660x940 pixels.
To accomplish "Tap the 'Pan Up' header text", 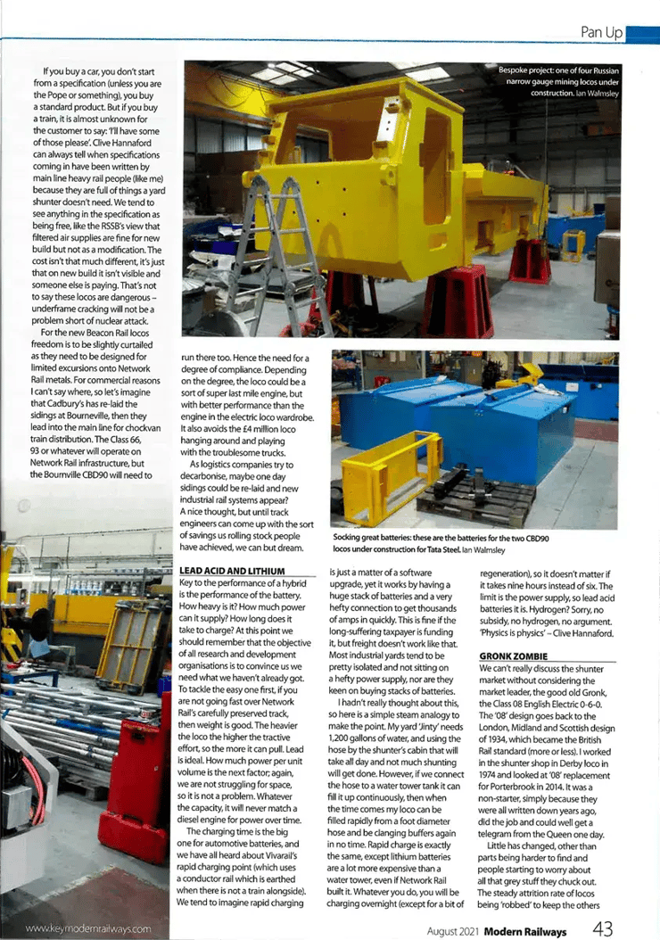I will click(601, 32).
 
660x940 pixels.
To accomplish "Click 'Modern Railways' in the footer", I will click(527, 929).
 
